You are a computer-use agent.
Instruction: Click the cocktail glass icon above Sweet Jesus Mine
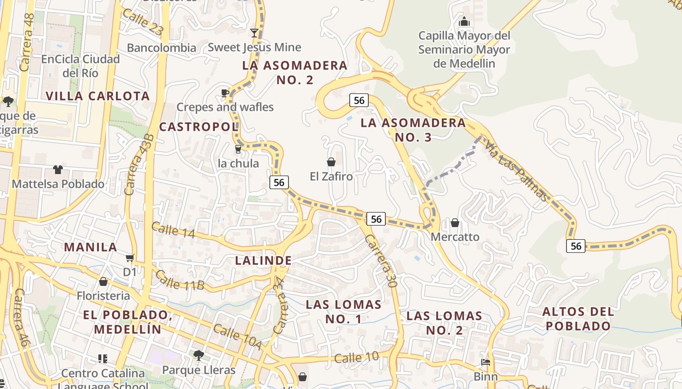tap(254, 33)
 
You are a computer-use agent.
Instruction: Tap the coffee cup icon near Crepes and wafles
tap(225, 92)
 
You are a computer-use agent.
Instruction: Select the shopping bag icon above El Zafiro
tap(331, 162)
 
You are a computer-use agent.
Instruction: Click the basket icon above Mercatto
tap(455, 223)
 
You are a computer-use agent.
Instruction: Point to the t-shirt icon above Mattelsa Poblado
tap(58, 170)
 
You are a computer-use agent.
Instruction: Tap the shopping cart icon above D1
tap(130, 258)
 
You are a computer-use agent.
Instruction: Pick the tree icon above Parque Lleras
tap(198, 355)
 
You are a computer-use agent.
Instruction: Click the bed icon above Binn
tap(486, 362)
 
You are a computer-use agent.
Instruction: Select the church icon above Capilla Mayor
tap(464, 22)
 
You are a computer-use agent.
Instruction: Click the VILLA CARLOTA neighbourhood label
tap(98, 96)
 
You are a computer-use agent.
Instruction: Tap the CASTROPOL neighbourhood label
tap(199, 127)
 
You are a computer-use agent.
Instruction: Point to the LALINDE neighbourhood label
tap(264, 261)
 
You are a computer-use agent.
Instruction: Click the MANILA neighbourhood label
tap(91, 247)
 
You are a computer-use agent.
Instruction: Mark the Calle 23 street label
tap(142, 21)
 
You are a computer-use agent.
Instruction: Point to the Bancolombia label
tap(161, 48)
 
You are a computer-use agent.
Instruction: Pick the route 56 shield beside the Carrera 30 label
tap(376, 219)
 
